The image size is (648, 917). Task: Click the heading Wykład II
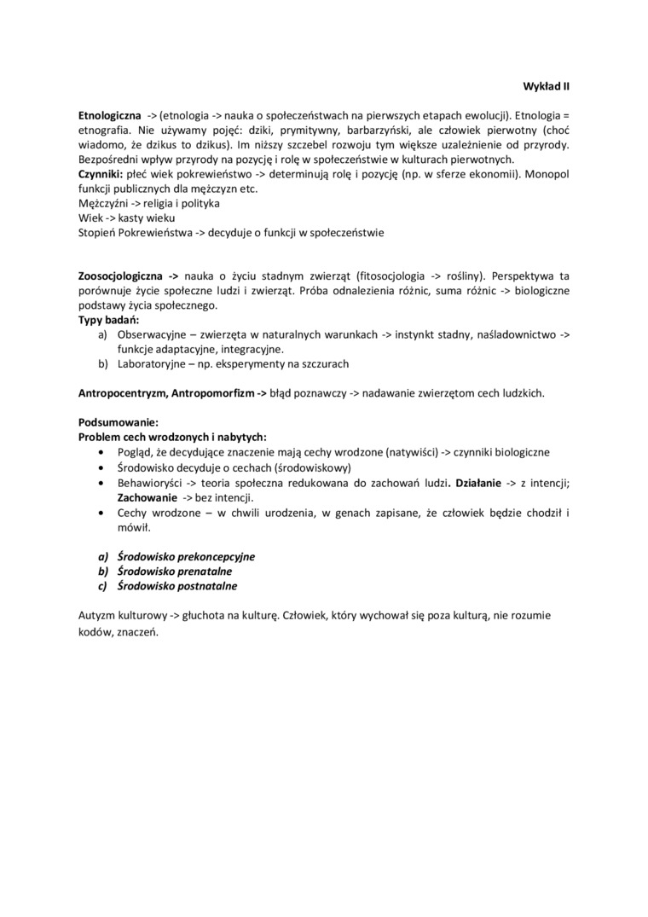point(546,86)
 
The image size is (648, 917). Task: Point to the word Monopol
point(547,173)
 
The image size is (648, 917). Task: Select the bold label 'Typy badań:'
point(108,320)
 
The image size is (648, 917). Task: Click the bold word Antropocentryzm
point(122,393)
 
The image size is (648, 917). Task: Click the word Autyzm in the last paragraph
point(96,615)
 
